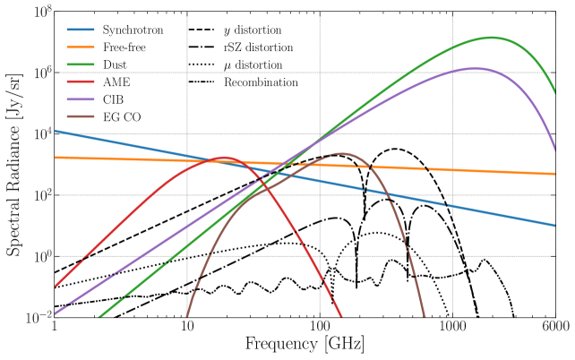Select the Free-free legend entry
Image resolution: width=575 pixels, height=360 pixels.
pos(124,47)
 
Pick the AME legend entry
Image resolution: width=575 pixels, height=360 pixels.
pos(116,81)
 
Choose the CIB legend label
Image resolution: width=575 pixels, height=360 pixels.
pos(114,99)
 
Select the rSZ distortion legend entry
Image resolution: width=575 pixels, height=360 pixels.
pos(260,47)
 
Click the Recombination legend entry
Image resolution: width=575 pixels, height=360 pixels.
pos(263,81)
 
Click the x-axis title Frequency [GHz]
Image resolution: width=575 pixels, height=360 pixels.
pos(305,345)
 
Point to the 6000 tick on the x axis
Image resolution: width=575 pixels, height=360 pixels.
pos(555,328)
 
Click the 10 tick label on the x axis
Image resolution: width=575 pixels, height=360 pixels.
pos(187,328)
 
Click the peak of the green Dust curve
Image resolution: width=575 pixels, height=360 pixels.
pos(491,38)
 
